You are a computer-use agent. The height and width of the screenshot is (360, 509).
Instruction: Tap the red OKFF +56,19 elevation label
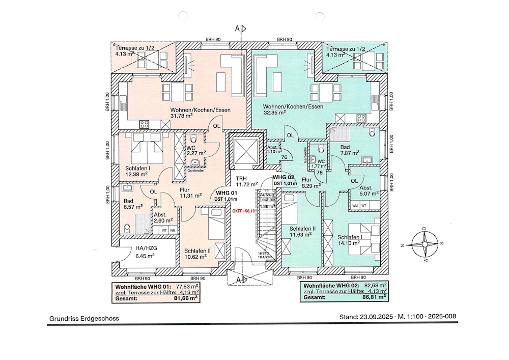243,210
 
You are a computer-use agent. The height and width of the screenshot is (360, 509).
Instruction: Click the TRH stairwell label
241,178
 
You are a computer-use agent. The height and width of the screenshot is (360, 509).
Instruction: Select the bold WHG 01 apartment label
227,193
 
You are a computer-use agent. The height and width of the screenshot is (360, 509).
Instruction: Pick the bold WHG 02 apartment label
285,177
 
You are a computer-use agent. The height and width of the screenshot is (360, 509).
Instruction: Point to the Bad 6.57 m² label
131,203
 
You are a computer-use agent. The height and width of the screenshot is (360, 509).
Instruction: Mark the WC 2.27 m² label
195,150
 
